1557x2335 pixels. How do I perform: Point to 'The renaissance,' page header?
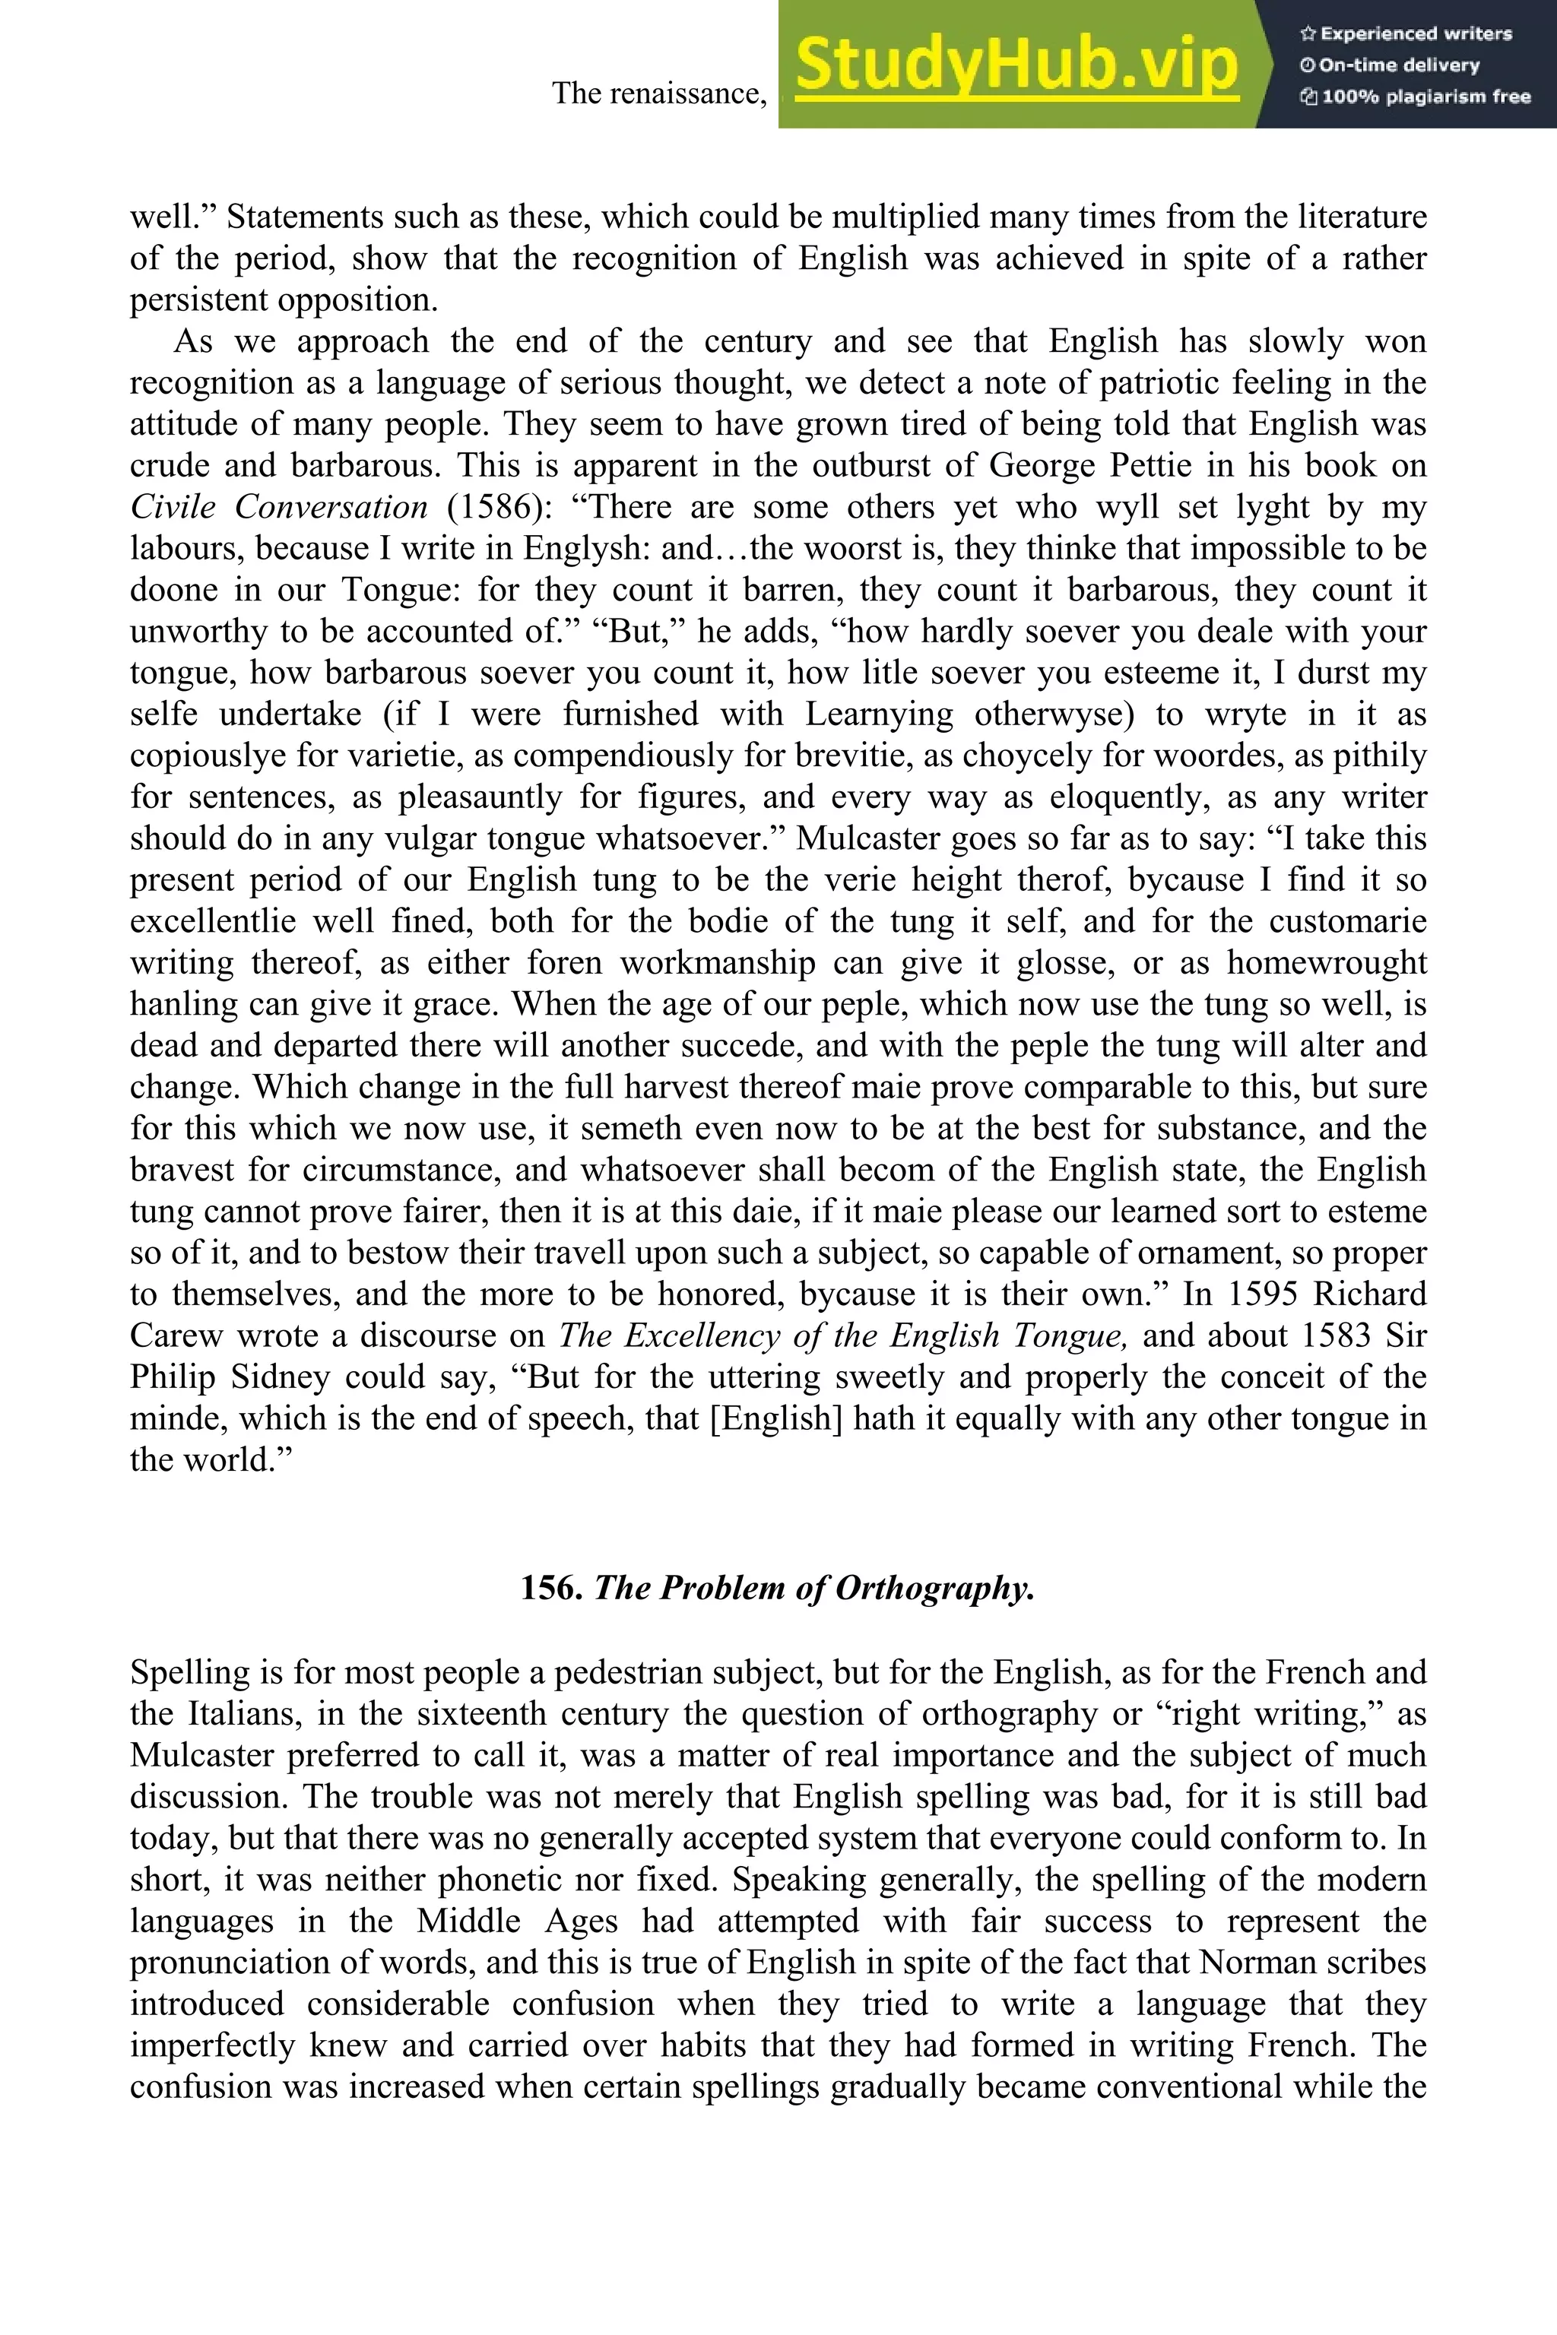click(659, 93)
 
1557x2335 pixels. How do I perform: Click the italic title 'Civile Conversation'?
click(279, 507)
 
